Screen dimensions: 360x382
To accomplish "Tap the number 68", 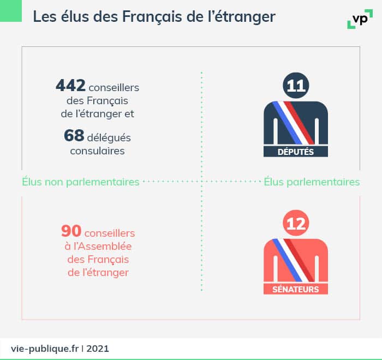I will tap(74, 136).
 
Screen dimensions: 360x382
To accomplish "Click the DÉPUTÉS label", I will tap(296, 152).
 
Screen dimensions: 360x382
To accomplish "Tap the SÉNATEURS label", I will tap(296, 289).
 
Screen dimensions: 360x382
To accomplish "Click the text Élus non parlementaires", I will tap(81, 182).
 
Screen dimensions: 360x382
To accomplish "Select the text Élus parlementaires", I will tap(312, 182).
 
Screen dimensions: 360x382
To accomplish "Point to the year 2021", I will tap(98, 347).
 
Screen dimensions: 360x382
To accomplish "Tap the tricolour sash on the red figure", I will tap(295, 260).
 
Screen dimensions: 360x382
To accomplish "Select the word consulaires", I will tap(97, 151).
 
